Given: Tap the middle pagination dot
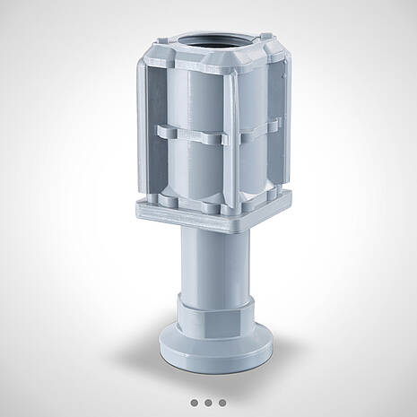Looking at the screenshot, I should pos(209,403).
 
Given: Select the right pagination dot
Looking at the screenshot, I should pos(222,403).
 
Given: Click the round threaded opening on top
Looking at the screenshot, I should pos(213,45).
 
